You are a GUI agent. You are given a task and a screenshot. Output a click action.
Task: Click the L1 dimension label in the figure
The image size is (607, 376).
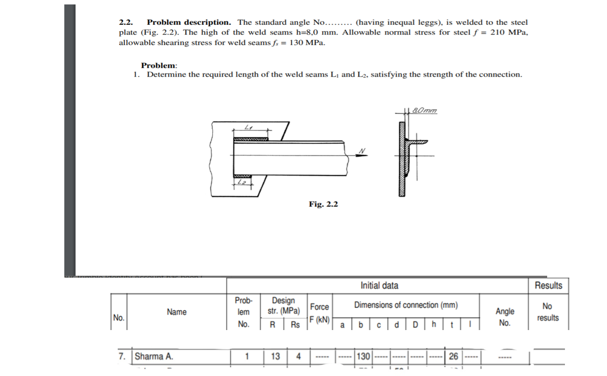[248, 127]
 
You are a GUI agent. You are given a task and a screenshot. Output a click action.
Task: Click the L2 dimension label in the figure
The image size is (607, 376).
[241, 183]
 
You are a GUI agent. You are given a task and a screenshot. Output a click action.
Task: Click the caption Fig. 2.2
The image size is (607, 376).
[323, 204]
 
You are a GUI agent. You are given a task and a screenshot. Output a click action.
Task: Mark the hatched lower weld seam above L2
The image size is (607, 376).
[242, 175]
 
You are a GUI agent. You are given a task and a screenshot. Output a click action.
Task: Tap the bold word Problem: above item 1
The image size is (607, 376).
[159, 65]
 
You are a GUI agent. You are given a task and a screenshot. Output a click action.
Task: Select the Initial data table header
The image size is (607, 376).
[379, 286]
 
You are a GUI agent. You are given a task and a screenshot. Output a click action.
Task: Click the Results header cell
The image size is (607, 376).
[548, 286]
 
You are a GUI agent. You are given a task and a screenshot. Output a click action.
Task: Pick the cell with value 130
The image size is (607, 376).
[364, 356]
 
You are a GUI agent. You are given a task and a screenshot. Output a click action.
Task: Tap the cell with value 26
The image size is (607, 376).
[453, 356]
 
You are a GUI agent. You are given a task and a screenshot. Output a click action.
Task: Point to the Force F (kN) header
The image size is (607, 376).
[319, 312]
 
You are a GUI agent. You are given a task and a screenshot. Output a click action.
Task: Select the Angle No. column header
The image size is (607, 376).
[505, 317]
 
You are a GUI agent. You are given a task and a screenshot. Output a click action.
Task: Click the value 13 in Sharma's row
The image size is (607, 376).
[275, 356]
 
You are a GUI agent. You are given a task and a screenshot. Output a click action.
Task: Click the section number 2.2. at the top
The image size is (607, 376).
[127, 23]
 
